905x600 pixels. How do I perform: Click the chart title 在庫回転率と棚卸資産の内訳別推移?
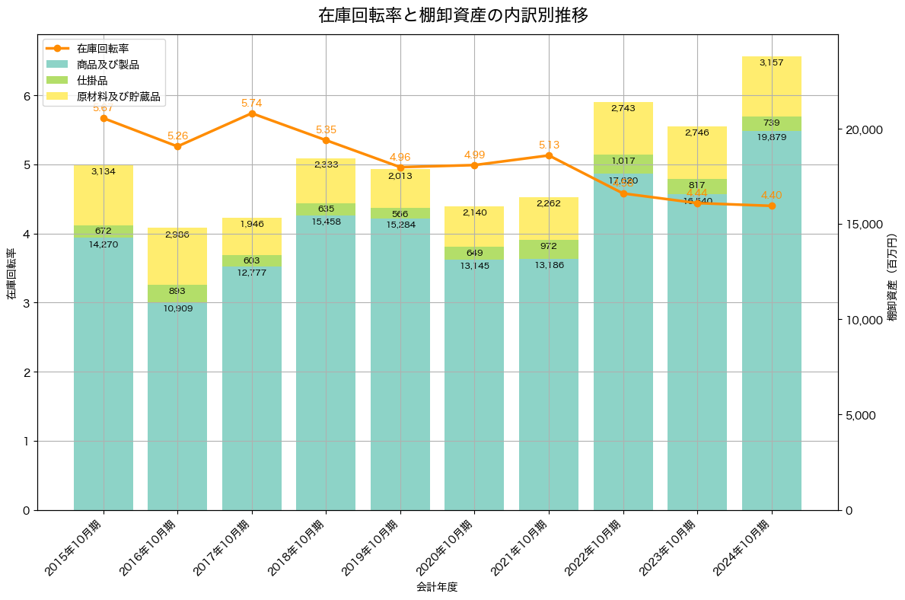[452, 15]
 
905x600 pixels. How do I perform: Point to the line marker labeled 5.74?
[252, 113]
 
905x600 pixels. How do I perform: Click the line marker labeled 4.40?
[772, 206]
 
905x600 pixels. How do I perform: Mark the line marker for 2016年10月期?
[177, 146]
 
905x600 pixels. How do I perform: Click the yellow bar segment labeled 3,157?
[772, 86]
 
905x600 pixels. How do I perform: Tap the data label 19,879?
[772, 137]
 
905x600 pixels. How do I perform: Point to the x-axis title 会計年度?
[437, 587]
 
